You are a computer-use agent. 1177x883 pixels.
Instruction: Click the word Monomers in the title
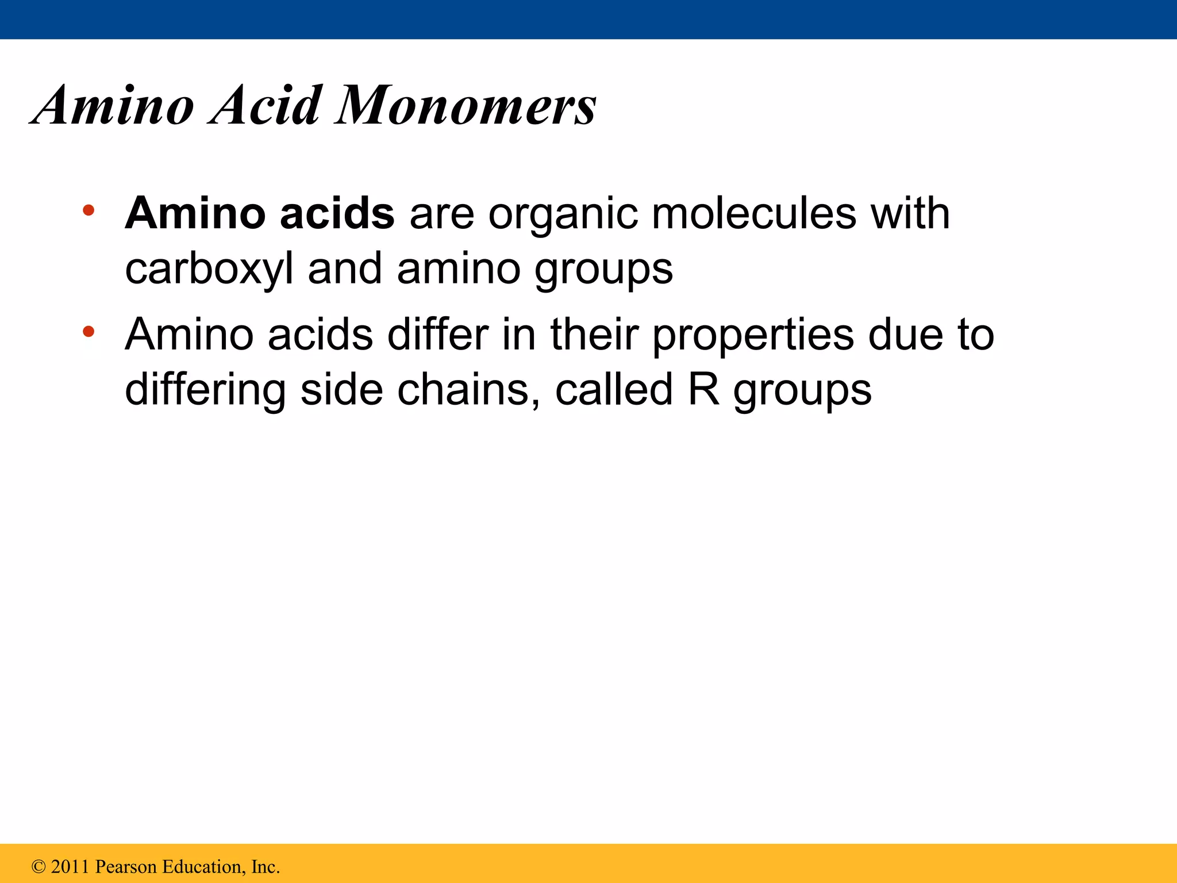pos(466,106)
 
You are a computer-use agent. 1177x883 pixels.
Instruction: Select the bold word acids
pos(337,214)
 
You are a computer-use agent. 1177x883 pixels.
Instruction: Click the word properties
pos(753,336)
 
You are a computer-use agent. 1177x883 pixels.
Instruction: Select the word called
pos(613,390)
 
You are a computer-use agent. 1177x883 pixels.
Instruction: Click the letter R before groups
pos(703,390)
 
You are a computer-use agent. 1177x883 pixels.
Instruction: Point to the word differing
pos(205,391)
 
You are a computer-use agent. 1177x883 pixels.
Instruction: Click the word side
pos(341,390)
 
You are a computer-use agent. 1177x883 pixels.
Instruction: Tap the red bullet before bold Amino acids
pos(88,210)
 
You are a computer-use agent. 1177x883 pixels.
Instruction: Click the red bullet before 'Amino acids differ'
pos(88,331)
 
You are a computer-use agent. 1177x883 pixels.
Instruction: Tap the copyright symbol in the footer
pos(39,867)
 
